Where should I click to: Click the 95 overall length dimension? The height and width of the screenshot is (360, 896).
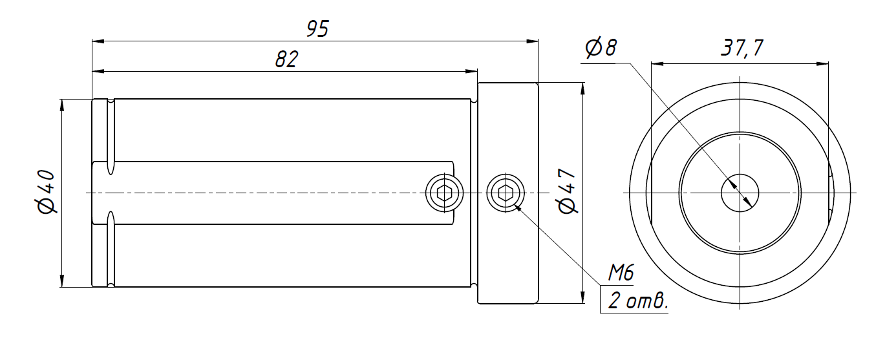click(317, 29)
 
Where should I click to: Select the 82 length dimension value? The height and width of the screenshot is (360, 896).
click(286, 59)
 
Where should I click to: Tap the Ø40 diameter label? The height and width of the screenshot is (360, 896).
click(46, 191)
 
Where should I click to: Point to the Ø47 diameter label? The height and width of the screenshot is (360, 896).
click(567, 191)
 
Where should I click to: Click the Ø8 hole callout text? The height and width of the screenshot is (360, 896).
click(601, 47)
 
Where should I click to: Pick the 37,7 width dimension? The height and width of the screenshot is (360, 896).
click(742, 48)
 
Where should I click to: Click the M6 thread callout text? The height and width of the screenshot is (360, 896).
click(621, 273)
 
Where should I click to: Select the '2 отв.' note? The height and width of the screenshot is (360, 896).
click(638, 301)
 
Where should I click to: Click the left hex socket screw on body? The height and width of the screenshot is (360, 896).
click(444, 193)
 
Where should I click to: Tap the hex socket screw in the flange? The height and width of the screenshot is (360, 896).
click(506, 193)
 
